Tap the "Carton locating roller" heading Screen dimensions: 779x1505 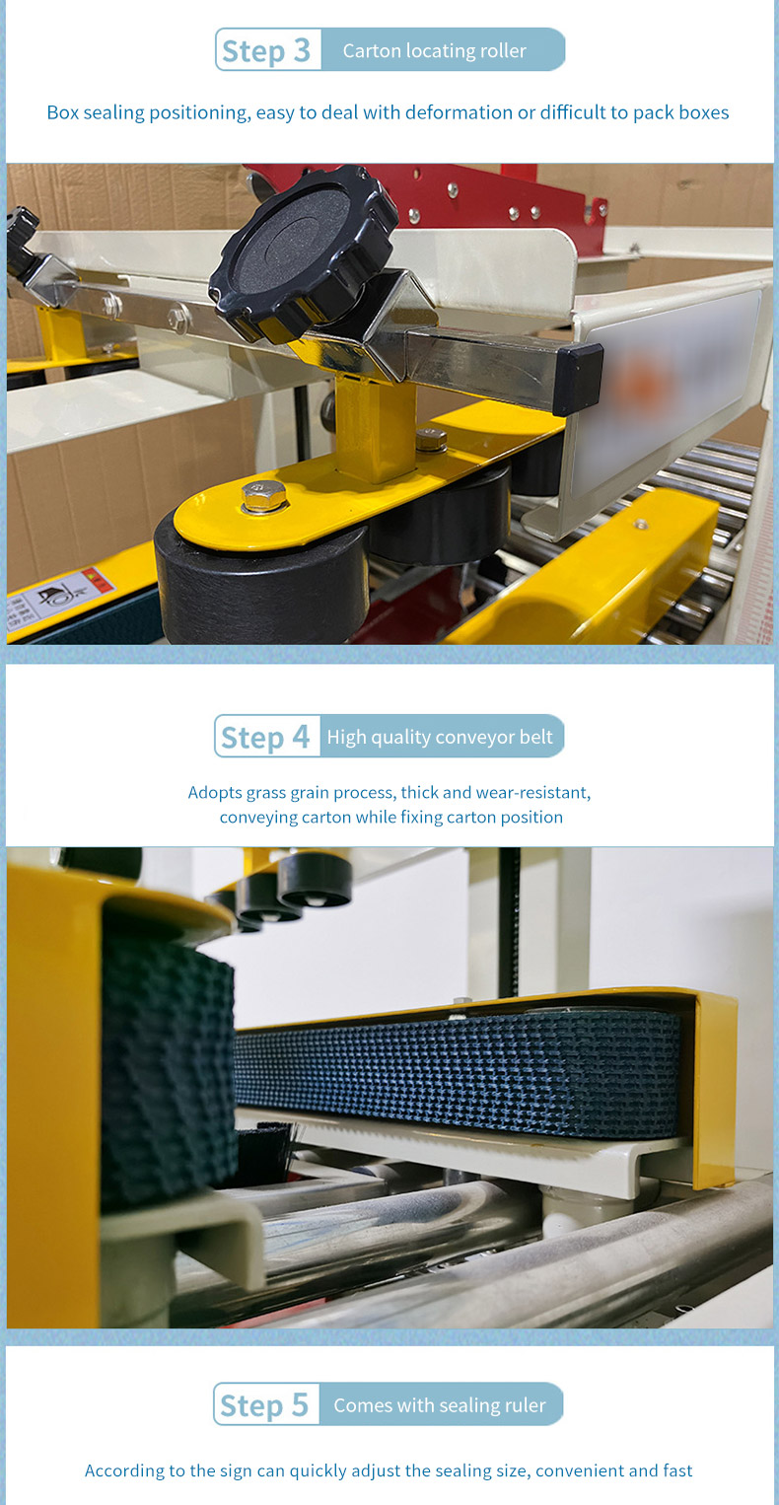[x=435, y=50]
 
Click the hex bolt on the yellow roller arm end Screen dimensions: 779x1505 [x=263, y=496]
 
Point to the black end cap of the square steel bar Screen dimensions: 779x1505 [x=579, y=379]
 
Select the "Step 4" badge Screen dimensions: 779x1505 [x=266, y=737]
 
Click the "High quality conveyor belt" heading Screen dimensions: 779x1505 [x=440, y=737]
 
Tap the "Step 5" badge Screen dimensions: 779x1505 [x=266, y=1403]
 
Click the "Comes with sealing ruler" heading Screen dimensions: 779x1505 [x=440, y=1404]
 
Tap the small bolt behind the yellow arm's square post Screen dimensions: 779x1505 [x=431, y=441]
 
